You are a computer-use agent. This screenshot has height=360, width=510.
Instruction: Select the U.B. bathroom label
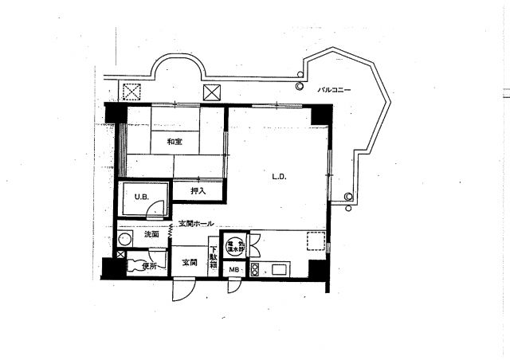pyautogui.click(x=140, y=197)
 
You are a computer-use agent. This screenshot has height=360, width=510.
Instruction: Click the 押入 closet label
pyautogui.click(x=198, y=190)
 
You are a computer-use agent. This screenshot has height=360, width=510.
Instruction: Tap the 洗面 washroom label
pyautogui.click(x=151, y=235)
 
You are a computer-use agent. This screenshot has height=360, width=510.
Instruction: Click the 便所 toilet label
pyautogui.click(x=150, y=266)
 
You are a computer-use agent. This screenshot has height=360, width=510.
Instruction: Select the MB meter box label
pyautogui.click(x=233, y=270)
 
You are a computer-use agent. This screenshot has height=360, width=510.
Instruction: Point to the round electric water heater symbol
pyautogui.click(x=234, y=245)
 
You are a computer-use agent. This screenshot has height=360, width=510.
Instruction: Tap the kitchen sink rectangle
pyautogui.click(x=281, y=269)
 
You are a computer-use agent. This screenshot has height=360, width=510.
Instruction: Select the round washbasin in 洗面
pyautogui.click(x=125, y=238)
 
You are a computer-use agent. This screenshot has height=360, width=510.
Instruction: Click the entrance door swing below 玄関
pyautogui.click(x=182, y=289)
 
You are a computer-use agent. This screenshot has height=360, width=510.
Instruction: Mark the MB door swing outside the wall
pyautogui.click(x=233, y=286)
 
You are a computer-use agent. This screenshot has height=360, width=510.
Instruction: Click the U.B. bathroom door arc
pyautogui.click(x=160, y=209)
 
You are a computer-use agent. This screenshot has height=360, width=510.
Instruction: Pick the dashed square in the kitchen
pyautogui.click(x=315, y=240)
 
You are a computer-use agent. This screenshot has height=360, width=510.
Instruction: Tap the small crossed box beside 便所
pyautogui.click(x=120, y=255)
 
